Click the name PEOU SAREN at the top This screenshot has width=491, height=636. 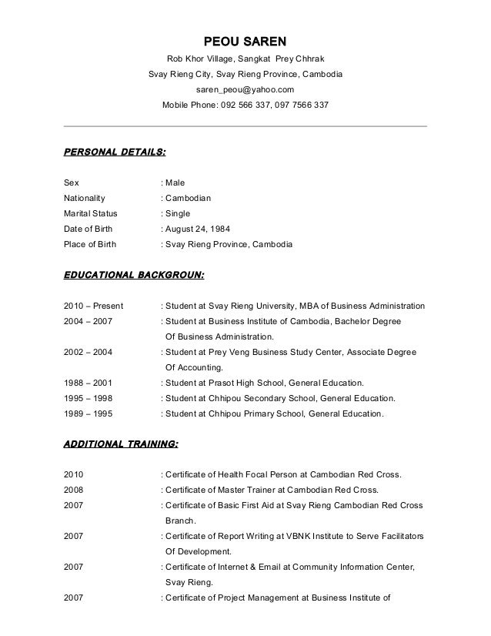tap(244, 41)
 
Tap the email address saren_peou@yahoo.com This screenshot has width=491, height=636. tap(245, 89)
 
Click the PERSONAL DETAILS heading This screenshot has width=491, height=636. tap(114, 152)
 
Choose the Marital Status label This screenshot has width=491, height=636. tap(90, 214)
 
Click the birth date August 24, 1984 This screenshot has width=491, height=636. tap(202, 229)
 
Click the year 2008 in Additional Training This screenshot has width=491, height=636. tap(74, 490)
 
